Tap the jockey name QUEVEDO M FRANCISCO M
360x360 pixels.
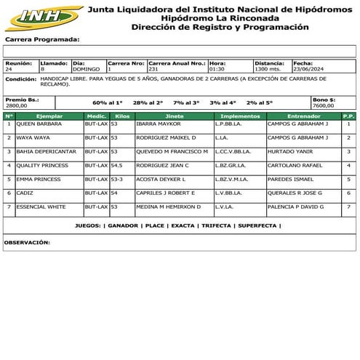click(172, 151)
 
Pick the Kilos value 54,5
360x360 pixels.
click(116, 165)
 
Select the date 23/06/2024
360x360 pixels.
click(309, 69)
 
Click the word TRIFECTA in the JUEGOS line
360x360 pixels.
click(216, 226)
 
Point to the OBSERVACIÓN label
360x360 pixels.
click(27, 241)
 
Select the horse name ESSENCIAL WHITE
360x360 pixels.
click(41, 207)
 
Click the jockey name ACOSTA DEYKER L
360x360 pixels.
click(161, 179)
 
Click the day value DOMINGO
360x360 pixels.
click(87, 69)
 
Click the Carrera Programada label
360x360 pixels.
click(42, 39)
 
